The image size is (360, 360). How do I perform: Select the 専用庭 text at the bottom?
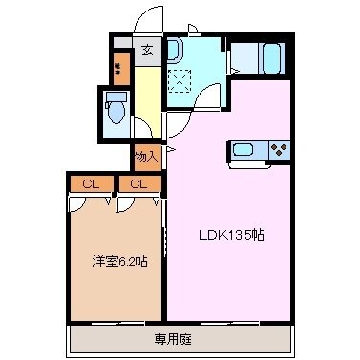[x=179, y=337]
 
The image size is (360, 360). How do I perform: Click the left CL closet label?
[x=90, y=183]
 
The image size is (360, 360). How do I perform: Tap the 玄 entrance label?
[x=148, y=52]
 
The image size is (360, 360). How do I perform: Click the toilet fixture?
[x=116, y=111]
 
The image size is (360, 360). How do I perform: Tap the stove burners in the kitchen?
[x=280, y=150]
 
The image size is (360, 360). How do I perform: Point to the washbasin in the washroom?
[x=175, y=50]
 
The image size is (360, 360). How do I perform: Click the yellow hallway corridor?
[x=147, y=100]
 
